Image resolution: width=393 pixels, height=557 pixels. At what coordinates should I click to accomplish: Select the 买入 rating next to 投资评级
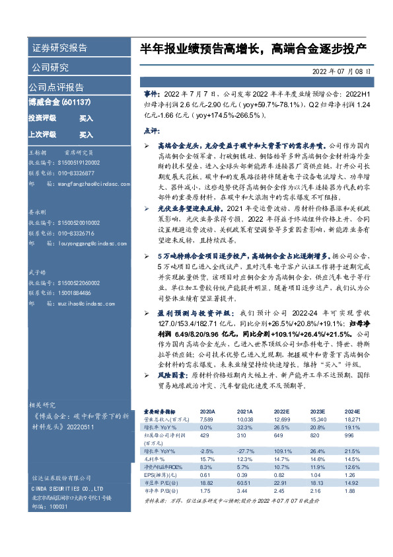[86, 118]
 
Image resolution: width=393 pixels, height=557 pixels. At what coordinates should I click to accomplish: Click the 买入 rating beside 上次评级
[86, 134]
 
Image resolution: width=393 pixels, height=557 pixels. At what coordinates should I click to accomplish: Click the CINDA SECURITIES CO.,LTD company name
[63, 490]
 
